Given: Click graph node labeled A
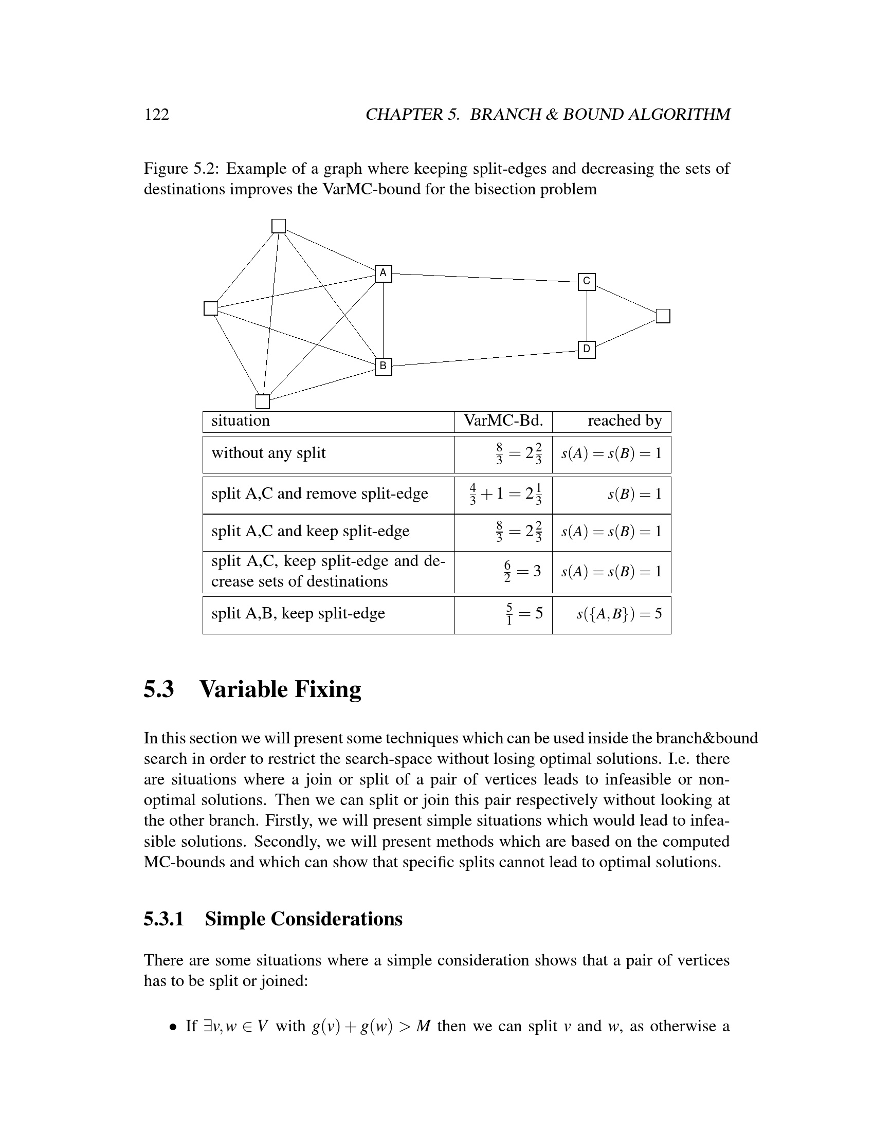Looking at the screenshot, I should (x=383, y=273).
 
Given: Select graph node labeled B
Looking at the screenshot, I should (x=383, y=367).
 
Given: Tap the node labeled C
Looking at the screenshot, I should (x=587, y=282).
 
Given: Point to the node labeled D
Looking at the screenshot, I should (x=587, y=350).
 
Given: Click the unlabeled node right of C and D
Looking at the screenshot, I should (x=663, y=316).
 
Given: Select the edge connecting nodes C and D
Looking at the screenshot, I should (x=587, y=316).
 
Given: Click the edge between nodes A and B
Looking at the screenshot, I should (x=383, y=320).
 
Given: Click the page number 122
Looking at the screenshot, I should (x=156, y=115).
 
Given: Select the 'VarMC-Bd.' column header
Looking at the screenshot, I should (x=503, y=421).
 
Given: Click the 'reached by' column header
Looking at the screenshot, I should (x=625, y=421).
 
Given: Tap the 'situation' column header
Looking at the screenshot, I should (x=241, y=421).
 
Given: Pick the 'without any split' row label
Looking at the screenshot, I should (x=268, y=453).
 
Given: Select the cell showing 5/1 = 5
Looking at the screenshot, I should (x=524, y=614).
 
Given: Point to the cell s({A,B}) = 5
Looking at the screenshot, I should (x=620, y=614).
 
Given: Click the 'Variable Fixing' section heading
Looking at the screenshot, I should (x=280, y=690).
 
